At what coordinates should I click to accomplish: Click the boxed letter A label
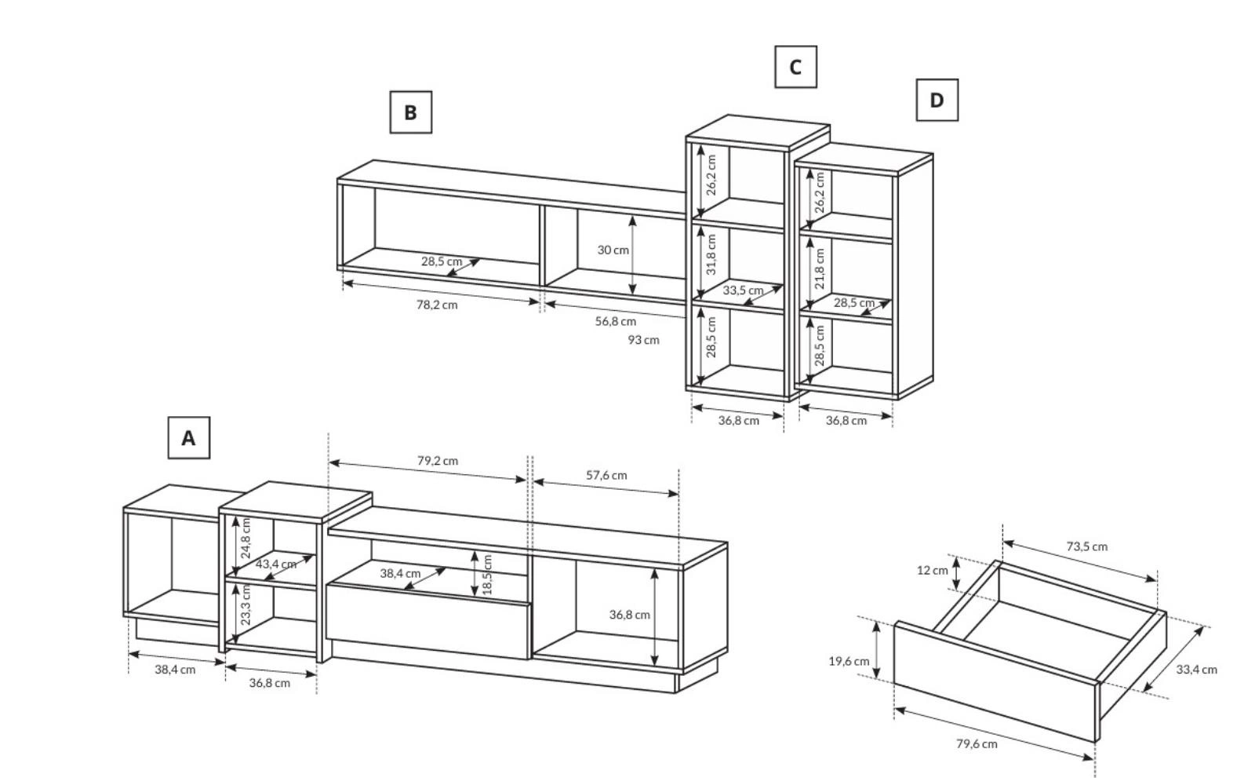tap(189, 437)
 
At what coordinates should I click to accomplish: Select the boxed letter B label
tap(411, 112)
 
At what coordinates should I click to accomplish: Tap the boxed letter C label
tap(795, 67)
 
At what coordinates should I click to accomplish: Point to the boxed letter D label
tap(937, 100)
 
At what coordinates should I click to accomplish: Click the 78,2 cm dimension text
tap(437, 305)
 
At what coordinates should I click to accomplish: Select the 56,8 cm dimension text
tap(616, 321)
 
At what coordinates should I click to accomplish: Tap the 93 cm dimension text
tap(643, 340)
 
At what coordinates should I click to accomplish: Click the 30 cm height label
tap(613, 250)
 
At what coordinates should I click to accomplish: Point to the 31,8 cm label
tap(711, 254)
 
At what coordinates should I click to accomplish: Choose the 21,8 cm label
tap(820, 269)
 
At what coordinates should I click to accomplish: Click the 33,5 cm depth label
tap(743, 290)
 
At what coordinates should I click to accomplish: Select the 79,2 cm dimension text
tap(438, 461)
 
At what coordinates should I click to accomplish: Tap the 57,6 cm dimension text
tap(607, 476)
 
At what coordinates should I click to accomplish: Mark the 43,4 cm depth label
tap(276, 564)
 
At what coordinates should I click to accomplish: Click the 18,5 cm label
tap(487, 575)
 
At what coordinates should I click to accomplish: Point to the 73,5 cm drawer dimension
tap(1087, 547)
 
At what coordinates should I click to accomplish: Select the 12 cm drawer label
tap(933, 571)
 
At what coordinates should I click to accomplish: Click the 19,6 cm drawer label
tap(849, 661)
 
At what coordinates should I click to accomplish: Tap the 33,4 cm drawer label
tap(1197, 670)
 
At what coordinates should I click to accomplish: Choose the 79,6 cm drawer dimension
tap(977, 744)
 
